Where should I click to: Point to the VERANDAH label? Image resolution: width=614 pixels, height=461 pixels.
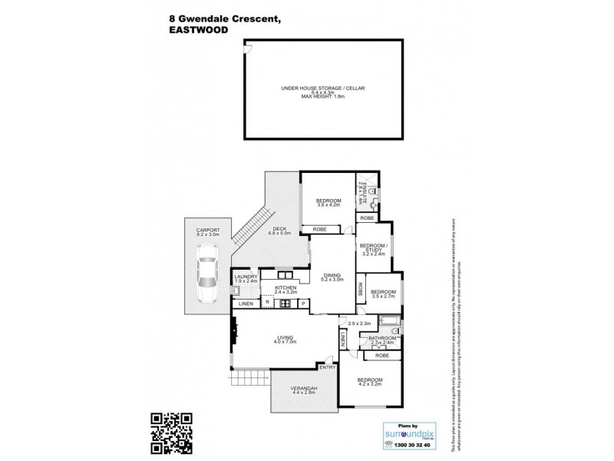coord(305,389)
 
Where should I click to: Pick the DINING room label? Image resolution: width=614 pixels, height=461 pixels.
coord(332,276)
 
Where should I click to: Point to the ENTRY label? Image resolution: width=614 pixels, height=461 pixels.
coord(328,366)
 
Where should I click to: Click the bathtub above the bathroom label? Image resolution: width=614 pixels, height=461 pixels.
coord(386,320)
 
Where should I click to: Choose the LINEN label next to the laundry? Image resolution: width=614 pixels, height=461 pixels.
coord(245,304)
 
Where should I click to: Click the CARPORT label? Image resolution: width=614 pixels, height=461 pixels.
coord(208,230)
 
